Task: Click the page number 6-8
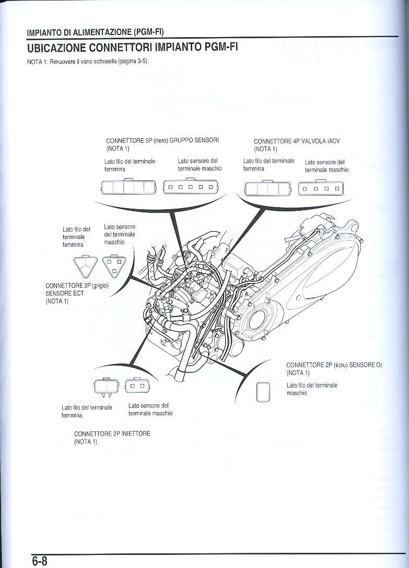39,561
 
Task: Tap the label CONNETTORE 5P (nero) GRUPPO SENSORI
162,141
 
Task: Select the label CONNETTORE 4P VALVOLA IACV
297,141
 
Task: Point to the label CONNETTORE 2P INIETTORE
112,434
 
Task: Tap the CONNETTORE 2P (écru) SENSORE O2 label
334,365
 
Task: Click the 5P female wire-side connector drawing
128,187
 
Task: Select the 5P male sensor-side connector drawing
190,187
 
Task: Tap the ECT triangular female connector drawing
86,266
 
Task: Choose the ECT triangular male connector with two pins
114,266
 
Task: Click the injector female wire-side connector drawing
106,387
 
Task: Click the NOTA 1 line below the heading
88,61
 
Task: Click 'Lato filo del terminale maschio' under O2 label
312,389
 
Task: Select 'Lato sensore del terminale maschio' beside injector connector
150,409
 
